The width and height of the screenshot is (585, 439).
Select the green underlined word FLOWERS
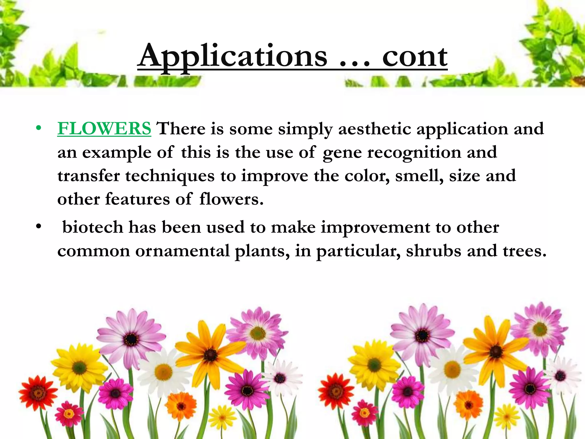pos(104,128)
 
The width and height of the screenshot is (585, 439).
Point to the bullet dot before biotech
pos(39,227)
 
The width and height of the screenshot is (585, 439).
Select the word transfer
pos(89,175)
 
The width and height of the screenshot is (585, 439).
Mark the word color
pos(367,175)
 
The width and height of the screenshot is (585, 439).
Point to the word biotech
pos(93,227)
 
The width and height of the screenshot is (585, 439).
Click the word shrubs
pos(433,251)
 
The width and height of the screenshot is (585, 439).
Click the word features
pos(137,199)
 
